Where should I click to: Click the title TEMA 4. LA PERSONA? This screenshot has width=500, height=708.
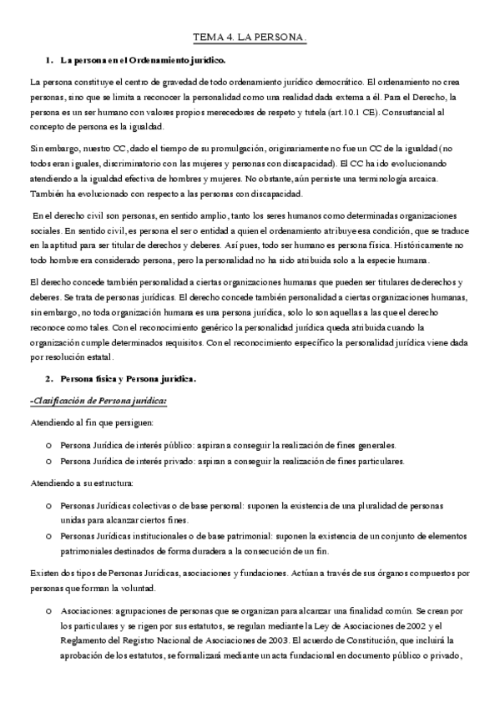click(250, 38)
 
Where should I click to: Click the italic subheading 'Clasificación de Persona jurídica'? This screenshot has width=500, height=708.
click(98, 401)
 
